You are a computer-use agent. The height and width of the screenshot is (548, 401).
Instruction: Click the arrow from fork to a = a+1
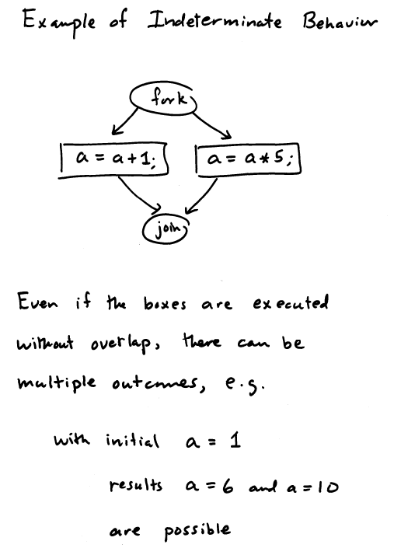125,121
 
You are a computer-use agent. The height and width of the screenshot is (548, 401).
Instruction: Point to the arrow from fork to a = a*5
212,124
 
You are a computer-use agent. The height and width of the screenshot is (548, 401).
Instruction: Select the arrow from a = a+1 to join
139,195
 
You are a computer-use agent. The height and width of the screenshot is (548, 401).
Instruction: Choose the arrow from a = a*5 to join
201,196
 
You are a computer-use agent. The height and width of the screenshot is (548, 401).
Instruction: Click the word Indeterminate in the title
214,20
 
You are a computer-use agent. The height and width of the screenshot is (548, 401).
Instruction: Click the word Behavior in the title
340,21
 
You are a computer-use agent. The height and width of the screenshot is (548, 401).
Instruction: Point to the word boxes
165,303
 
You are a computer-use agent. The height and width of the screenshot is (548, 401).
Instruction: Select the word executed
291,302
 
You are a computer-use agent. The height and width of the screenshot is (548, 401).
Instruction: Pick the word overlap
122,343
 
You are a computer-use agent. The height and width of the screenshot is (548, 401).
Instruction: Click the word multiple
56,382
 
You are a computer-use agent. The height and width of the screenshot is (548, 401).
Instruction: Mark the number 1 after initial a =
235,441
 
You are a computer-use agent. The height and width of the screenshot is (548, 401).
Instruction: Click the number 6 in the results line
228,485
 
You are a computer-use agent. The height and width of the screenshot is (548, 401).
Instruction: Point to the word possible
197,531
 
